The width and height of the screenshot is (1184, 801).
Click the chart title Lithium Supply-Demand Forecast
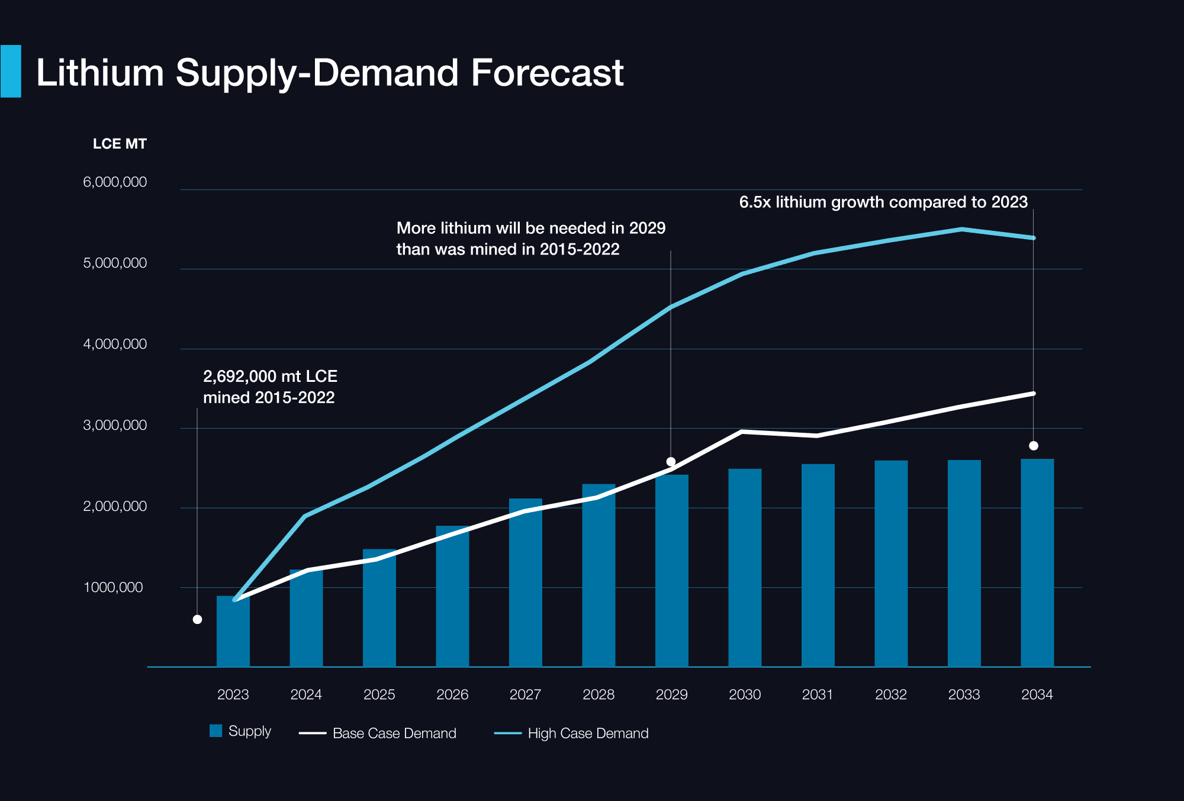[330, 73]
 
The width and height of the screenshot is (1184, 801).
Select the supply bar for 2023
[233, 633]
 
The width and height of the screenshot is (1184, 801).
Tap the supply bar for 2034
[1037, 562]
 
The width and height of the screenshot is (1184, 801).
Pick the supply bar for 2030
[745, 568]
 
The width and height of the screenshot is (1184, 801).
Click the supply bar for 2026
[452, 598]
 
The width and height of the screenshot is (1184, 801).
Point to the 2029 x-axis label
[671, 694]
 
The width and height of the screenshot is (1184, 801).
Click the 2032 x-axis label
[891, 694]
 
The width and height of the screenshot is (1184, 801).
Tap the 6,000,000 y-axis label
[115, 182]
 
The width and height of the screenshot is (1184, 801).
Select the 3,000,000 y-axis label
[115, 425]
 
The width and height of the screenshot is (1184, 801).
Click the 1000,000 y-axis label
[113, 587]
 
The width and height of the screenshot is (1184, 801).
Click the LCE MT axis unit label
[120, 144]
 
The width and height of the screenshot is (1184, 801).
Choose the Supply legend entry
[240, 731]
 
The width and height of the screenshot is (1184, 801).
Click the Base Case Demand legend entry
[379, 733]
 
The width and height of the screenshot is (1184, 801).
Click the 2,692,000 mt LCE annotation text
[270, 387]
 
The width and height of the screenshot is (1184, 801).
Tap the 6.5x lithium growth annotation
[883, 202]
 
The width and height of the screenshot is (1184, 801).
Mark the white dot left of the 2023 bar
[198, 619]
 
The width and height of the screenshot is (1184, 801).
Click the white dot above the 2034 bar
[1034, 446]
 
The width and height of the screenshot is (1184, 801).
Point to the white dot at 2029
[671, 462]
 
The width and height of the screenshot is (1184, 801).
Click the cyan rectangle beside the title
[11, 71]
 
